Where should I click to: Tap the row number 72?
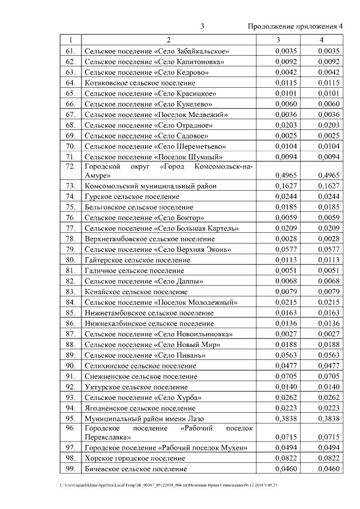(70, 166)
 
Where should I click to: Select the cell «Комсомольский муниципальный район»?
(150, 186)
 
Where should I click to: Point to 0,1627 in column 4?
(328, 186)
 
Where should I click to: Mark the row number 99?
(70, 469)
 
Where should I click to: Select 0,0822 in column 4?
(328, 458)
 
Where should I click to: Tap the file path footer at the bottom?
(169, 484)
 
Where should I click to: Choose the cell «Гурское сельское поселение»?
(132, 196)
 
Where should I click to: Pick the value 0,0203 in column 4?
(328, 125)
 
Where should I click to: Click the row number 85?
(70, 313)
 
